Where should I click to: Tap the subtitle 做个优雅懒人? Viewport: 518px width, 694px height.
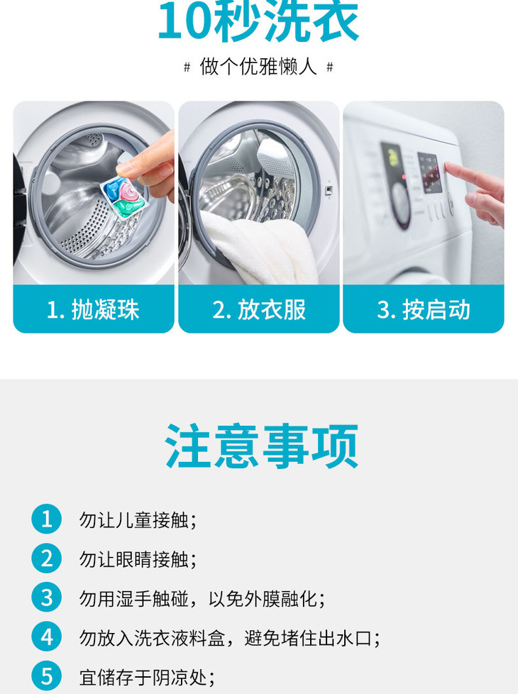(258, 67)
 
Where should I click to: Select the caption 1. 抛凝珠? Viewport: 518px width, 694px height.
(93, 309)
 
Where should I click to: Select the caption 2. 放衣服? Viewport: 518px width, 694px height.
(259, 309)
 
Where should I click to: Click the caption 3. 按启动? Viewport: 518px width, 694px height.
(424, 309)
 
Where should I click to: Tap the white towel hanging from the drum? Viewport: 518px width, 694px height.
(259, 248)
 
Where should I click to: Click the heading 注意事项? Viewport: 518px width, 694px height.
(261, 446)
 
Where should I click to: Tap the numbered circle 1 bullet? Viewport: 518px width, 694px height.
(47, 519)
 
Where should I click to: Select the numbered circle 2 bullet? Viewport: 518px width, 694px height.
(47, 558)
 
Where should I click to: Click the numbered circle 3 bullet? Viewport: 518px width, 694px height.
(47, 597)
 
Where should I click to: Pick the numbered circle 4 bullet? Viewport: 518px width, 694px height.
(47, 637)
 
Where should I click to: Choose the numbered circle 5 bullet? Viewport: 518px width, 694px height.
(47, 676)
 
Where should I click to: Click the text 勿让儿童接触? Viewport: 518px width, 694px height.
(134, 520)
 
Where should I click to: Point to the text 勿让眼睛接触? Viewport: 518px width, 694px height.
(134, 559)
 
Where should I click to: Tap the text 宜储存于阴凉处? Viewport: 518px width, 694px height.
(143, 677)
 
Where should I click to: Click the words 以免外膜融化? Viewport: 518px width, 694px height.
(263, 599)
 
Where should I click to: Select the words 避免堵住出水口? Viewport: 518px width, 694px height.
(309, 638)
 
